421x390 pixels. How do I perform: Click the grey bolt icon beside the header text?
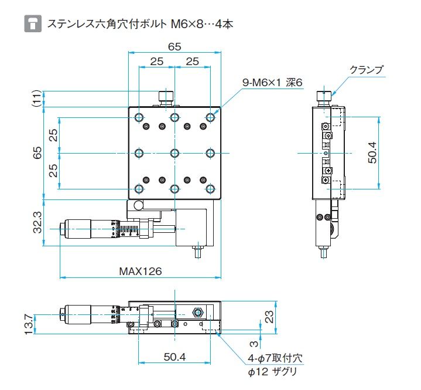[33, 23]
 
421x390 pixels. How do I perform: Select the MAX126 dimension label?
[140, 271]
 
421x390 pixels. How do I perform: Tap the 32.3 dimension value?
[37, 222]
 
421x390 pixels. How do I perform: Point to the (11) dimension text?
[37, 99]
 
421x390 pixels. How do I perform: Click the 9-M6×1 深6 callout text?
[272, 82]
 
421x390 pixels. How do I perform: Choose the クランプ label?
[367, 70]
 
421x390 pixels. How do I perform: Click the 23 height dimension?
[269, 317]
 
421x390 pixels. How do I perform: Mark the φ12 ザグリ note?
[272, 372]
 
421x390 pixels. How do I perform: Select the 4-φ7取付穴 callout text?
[275, 358]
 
